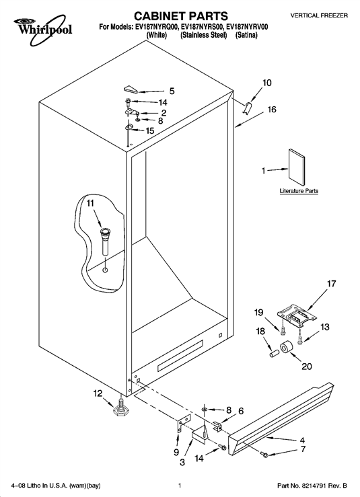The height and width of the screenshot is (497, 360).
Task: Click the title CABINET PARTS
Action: (181, 16)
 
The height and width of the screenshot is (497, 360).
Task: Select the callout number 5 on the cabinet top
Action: (172, 91)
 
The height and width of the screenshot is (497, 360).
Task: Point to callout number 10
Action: (267, 83)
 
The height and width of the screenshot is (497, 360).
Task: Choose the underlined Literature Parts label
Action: (299, 191)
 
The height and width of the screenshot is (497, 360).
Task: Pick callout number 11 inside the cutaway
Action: (90, 203)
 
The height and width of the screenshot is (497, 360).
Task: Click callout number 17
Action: (332, 283)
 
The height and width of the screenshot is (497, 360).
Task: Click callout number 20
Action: (307, 366)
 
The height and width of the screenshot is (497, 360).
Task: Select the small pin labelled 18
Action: (273, 353)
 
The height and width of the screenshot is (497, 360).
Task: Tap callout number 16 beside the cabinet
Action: (272, 110)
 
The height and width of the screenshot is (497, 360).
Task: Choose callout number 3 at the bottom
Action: (182, 463)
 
